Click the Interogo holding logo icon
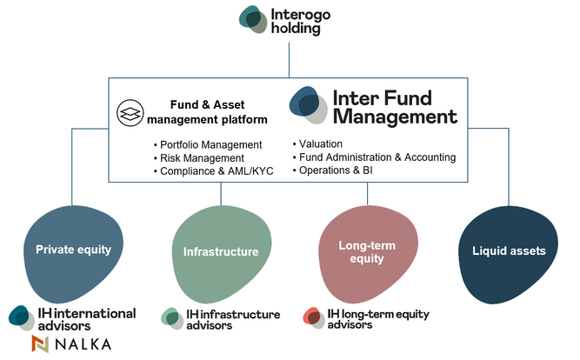pyautogui.click(x=253, y=19)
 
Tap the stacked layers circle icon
pyautogui.click(x=130, y=113)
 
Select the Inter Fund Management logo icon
pyautogui.click(x=308, y=105)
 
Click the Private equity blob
pyautogui.click(x=73, y=253)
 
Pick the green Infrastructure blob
pyautogui.click(x=221, y=254)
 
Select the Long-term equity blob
pyautogui.click(x=368, y=254)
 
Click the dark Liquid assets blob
pyautogui.click(x=508, y=255)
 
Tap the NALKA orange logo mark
pyautogui.click(x=40, y=343)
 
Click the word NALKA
pyautogui.click(x=83, y=344)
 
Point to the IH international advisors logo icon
pyautogui.click(x=22, y=318)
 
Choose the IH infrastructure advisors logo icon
pyautogui.click(x=172, y=318)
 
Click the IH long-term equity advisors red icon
pyautogui.click(x=314, y=317)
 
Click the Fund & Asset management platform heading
pyautogui.click(x=207, y=112)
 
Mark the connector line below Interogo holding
pyautogui.click(x=289, y=60)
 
